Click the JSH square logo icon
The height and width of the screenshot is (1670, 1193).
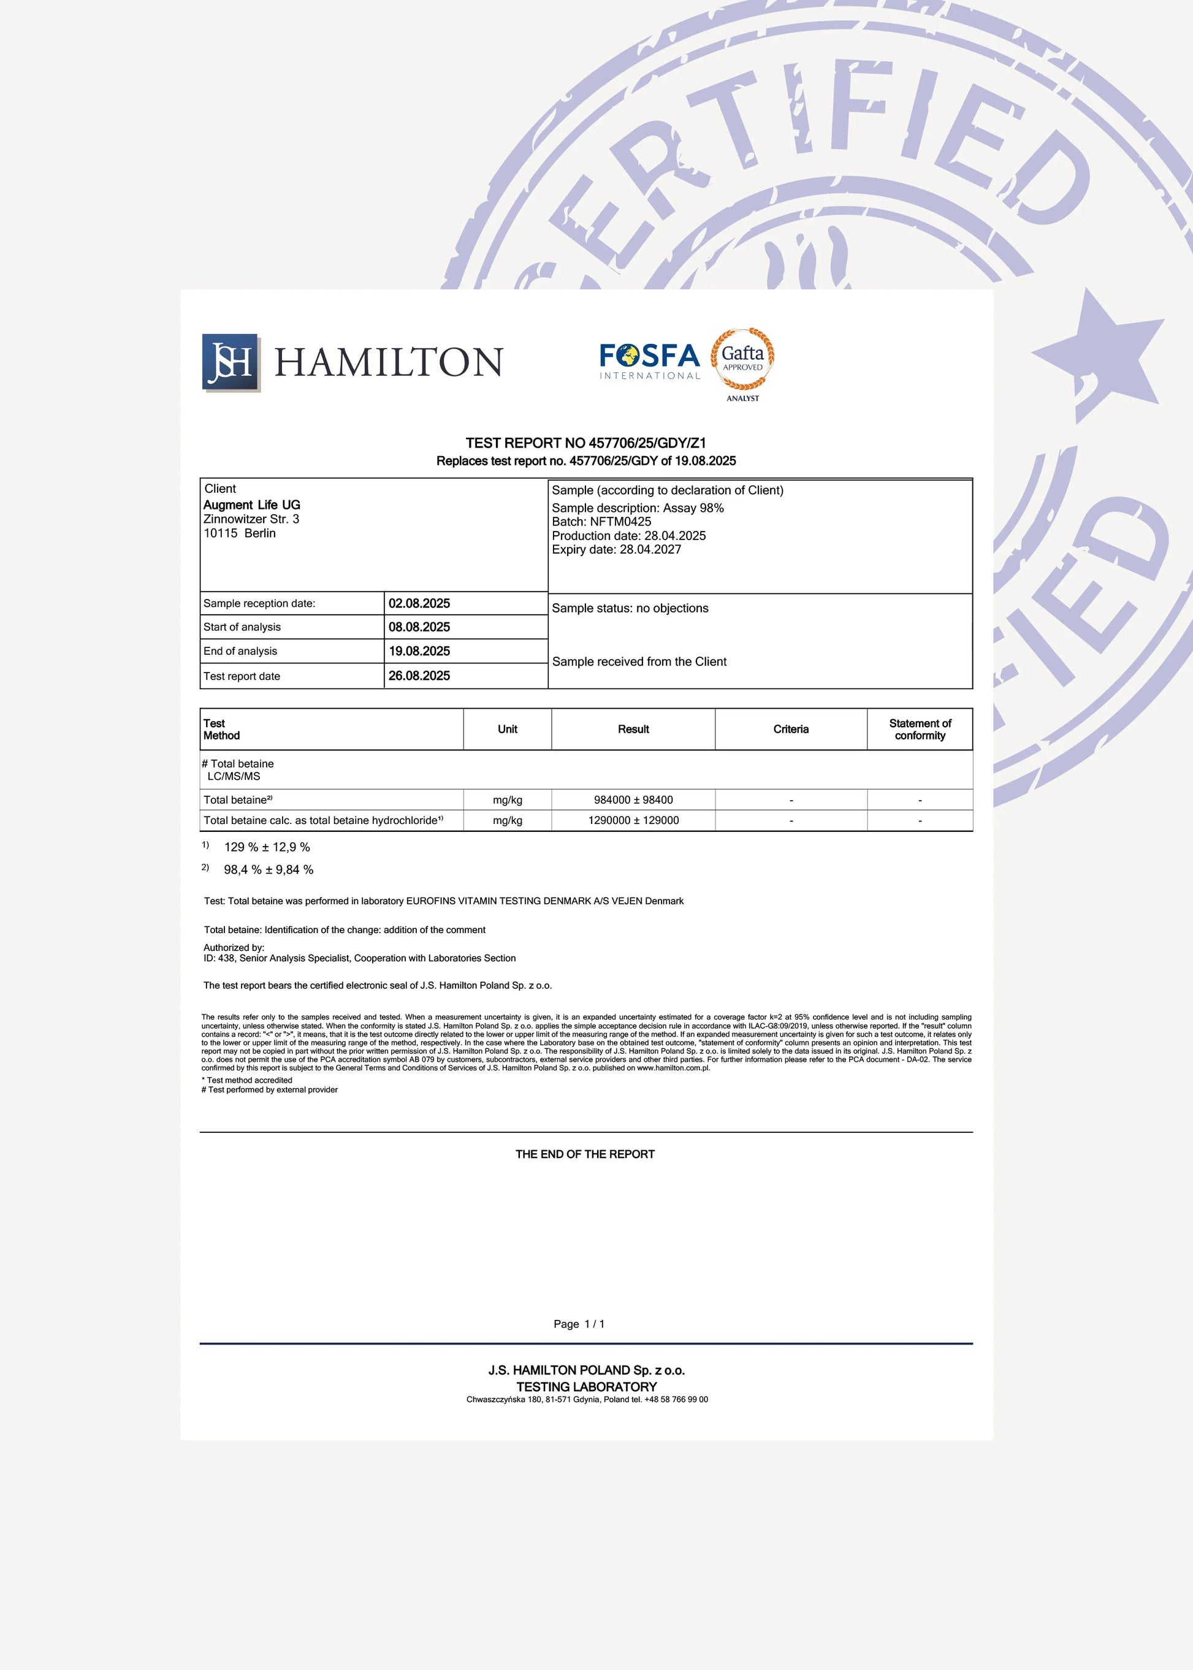231,362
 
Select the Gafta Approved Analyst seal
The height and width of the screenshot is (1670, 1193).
742,362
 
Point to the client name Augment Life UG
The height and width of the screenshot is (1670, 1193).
252,505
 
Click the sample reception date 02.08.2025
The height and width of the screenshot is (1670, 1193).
419,603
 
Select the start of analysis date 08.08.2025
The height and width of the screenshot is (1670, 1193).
419,627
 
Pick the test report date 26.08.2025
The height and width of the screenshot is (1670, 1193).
419,675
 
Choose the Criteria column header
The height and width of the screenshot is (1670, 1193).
790,729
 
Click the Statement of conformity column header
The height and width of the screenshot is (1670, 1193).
920,729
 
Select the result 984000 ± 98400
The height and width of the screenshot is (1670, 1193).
633,799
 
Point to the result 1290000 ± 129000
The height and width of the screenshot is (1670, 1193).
633,820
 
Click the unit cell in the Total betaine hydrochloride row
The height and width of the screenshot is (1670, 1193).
508,820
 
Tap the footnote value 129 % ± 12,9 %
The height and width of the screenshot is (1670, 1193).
267,847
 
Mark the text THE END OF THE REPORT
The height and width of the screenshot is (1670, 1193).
585,1154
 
